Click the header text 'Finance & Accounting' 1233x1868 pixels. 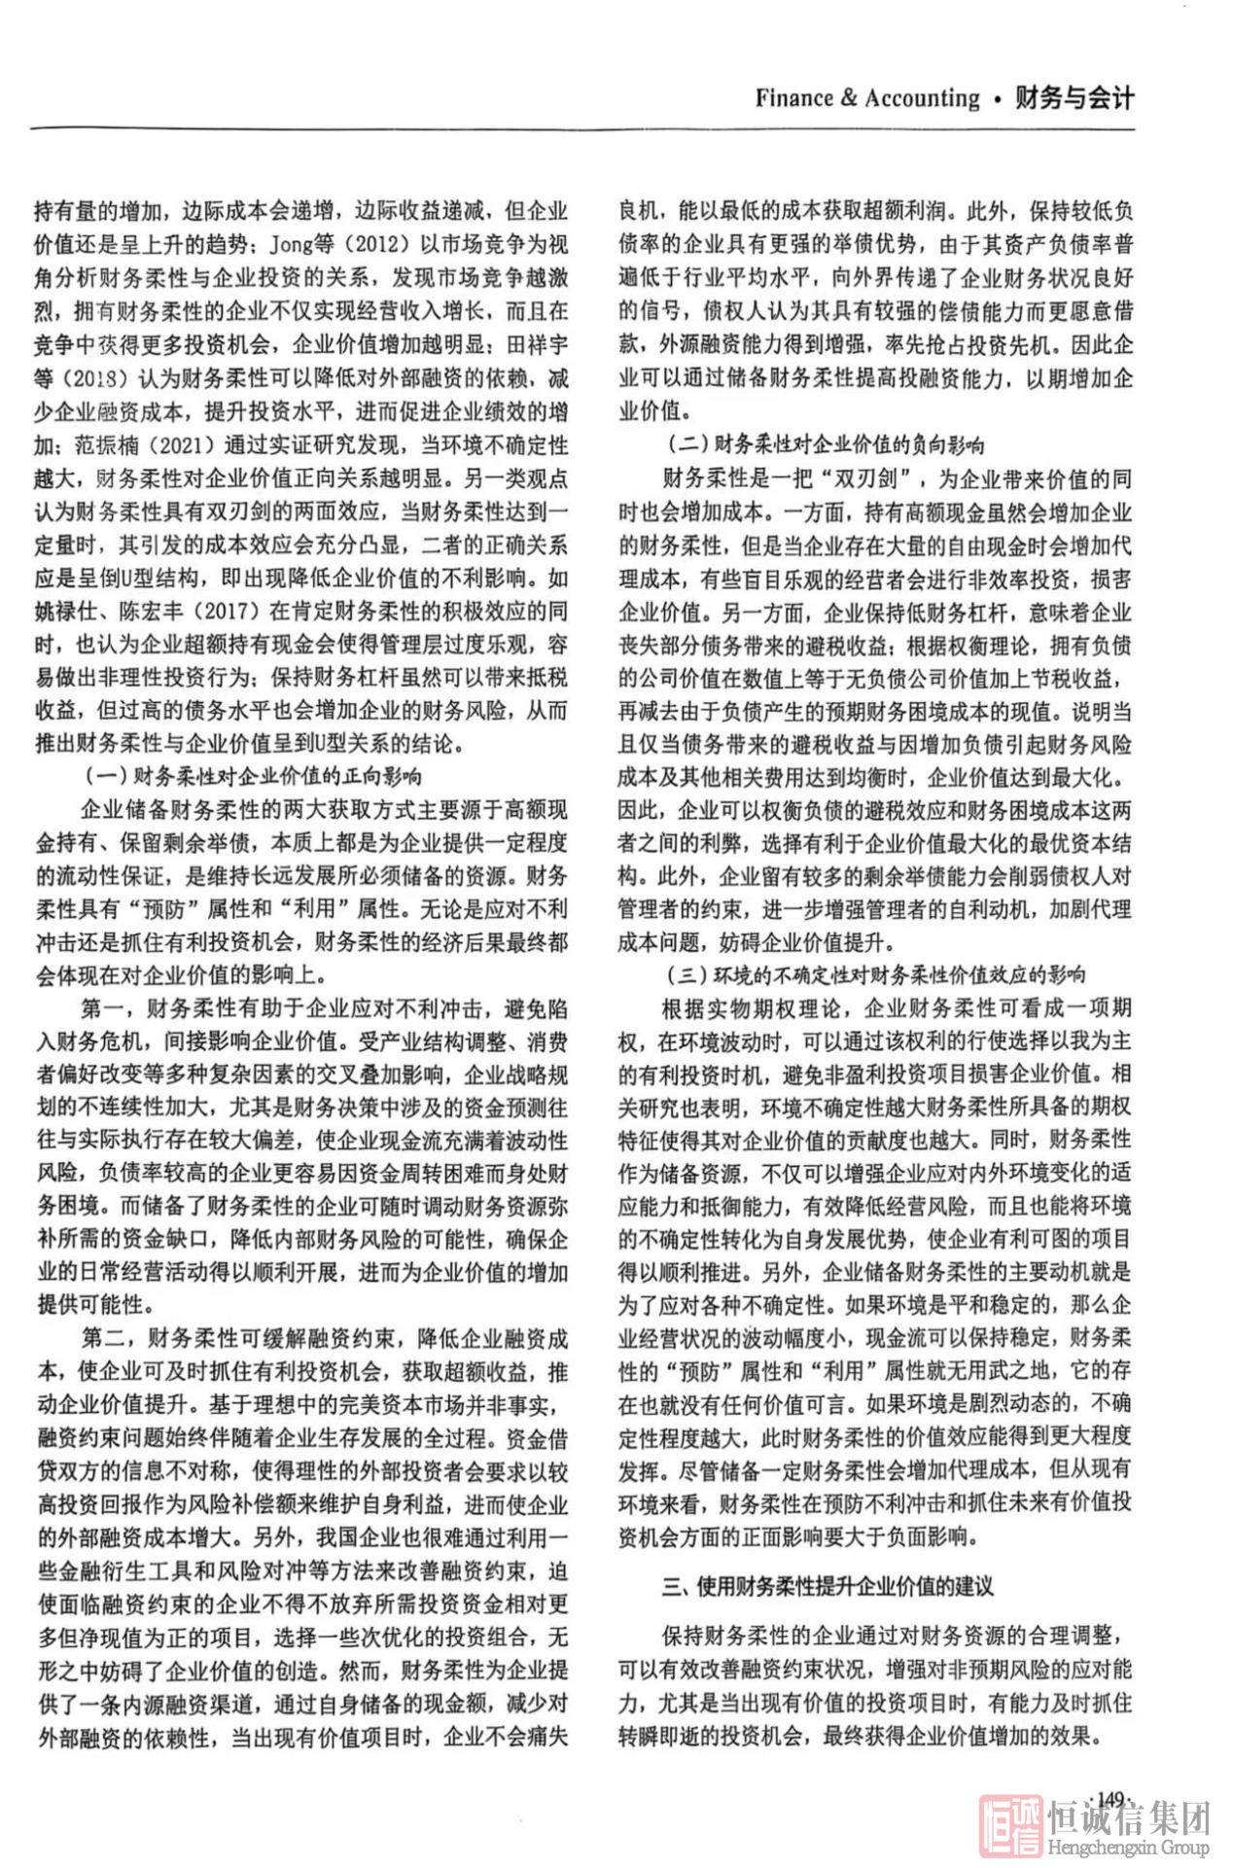(867, 98)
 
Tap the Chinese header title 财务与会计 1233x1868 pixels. (1074, 98)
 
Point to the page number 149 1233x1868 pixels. (1110, 1799)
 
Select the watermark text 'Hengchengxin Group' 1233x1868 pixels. (1128, 1847)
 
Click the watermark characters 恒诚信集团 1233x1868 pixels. (1128, 1815)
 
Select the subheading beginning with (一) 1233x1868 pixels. (253, 776)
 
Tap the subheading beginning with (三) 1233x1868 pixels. (875, 974)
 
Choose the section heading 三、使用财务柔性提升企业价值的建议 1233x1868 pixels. (828, 1587)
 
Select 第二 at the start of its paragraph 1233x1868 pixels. (103, 1339)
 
